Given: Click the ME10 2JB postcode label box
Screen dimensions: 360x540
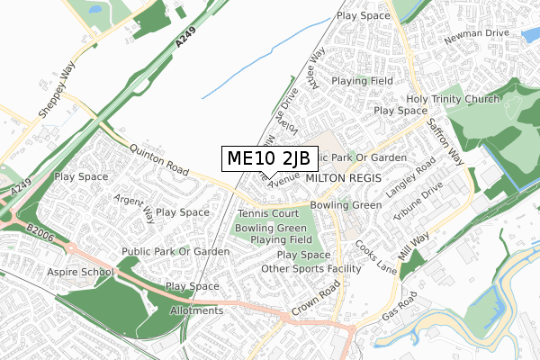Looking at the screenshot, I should (268, 158).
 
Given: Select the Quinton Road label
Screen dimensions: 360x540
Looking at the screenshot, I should (158, 160).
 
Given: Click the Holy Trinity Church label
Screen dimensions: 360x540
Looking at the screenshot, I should (452, 99).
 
